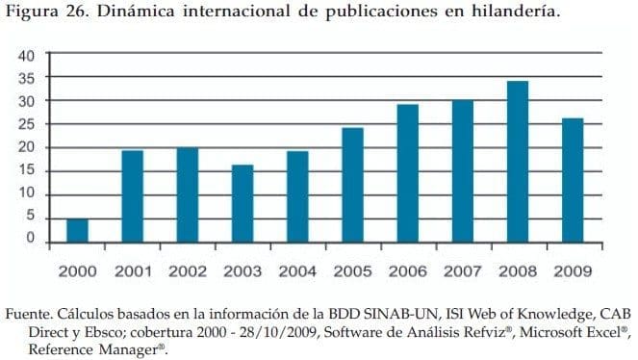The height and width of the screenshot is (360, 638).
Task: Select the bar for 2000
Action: pos(77,230)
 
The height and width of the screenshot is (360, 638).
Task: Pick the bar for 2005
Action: pos(353,185)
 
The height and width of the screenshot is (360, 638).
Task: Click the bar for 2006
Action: pos(408,173)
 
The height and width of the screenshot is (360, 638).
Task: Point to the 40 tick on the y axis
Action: pos(28,55)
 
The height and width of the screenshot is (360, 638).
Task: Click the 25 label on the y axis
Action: pos(28,124)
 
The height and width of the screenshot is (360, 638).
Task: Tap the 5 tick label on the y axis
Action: pos(31,217)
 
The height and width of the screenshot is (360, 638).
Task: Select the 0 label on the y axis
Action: pos(31,239)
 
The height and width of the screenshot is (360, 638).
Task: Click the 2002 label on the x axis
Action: pos(188,271)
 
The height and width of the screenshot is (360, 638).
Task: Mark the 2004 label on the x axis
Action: pos(297,271)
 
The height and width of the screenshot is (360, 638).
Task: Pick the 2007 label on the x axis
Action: pos(463,271)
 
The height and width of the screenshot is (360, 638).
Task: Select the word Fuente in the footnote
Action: pos(30,314)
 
